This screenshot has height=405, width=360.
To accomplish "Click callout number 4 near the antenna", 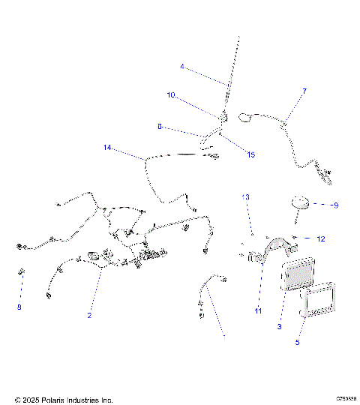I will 181,67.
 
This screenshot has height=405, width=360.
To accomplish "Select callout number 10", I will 171,95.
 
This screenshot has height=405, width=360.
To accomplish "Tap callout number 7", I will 304,91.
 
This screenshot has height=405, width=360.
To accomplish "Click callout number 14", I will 108,148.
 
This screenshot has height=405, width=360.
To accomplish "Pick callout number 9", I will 335,205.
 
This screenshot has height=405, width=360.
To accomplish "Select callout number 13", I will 244,196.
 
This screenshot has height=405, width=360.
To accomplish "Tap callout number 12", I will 320,239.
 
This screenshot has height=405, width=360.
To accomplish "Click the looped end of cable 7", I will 246,116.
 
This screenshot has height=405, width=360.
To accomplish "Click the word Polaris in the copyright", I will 52,400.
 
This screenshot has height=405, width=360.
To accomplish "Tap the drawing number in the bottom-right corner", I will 346,399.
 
